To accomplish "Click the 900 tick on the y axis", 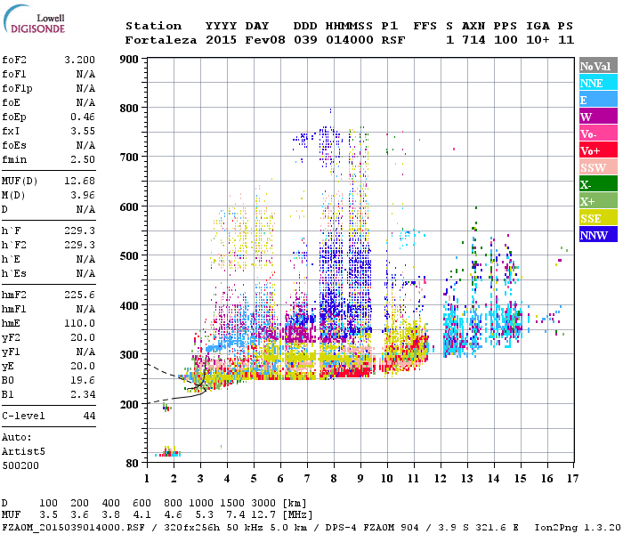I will [129, 60].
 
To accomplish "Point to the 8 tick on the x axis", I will [334, 478].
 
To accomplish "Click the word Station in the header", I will [153, 26].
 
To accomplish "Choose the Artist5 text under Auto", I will [21, 452].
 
